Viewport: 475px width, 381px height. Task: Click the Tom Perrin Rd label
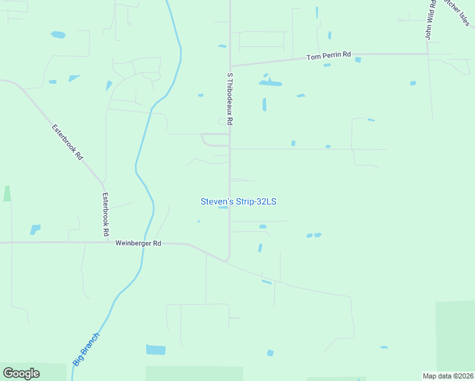(x=328, y=56)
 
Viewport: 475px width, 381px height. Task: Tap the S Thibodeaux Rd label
(x=231, y=98)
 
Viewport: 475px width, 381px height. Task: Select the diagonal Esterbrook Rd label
(x=68, y=142)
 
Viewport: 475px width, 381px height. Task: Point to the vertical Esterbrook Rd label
(x=105, y=215)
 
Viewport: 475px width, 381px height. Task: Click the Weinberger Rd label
(x=138, y=243)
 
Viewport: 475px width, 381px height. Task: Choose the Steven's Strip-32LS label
(x=238, y=201)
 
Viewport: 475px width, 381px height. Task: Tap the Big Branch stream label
(x=86, y=349)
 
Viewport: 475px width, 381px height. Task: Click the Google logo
(x=21, y=373)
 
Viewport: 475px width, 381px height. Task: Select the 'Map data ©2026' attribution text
(x=448, y=376)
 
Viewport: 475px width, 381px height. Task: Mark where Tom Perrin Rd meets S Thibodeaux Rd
(x=230, y=65)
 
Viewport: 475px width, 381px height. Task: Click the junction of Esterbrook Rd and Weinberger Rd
(x=104, y=243)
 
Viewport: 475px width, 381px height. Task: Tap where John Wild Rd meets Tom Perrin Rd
(x=428, y=54)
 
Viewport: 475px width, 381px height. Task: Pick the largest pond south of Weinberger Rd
(x=156, y=349)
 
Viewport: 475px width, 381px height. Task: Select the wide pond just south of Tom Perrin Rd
(x=270, y=83)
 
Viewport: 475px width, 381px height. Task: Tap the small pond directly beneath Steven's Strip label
(x=223, y=207)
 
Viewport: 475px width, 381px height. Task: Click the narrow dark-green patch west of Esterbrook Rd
(x=7, y=194)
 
